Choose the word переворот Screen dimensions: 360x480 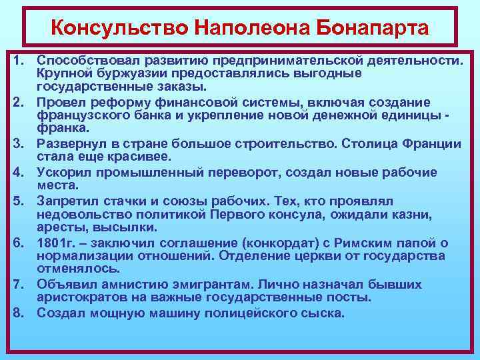pyautogui.click(x=249, y=173)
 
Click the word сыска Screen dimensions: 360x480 pyautogui.click(x=323, y=312)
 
